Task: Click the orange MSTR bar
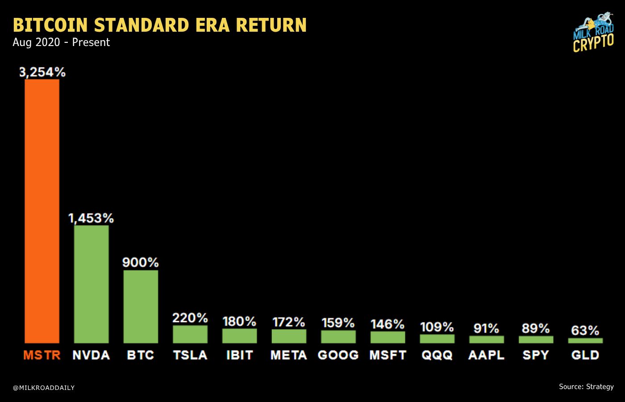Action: coord(42,211)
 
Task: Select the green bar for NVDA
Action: coord(91,284)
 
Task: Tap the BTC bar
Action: coord(141,307)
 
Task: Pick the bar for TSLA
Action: coord(190,335)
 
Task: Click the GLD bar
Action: coord(585,341)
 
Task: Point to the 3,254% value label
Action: coord(42,72)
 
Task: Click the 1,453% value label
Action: coord(91,218)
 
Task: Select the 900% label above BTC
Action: coord(140,263)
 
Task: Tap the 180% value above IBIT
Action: coord(239,322)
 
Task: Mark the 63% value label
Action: coord(585,331)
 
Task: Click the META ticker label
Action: coord(289,355)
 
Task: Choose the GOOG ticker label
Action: coord(338,355)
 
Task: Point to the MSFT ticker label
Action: coord(388,355)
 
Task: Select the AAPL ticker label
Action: coord(486,355)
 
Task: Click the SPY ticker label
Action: coord(536,355)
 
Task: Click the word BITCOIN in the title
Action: coord(50,25)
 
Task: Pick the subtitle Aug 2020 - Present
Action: coord(61,42)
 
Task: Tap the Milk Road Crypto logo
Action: coord(593,32)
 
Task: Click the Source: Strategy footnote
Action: coord(586,387)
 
